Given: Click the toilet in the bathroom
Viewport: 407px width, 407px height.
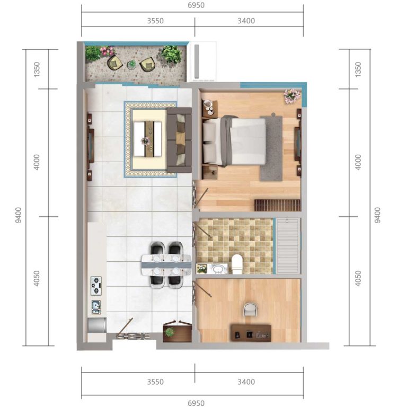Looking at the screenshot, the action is click(237, 264).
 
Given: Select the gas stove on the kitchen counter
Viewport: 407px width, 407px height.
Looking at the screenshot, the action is click(96, 286).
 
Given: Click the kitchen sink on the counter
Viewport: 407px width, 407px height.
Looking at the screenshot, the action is click(96, 307).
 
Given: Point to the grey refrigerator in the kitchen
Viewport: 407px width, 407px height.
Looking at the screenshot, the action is click(97, 325).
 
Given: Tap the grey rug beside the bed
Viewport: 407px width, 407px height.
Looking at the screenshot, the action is click(271, 148).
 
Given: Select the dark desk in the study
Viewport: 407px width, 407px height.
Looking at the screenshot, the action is click(251, 333).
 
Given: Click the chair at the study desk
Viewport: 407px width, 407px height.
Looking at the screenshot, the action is click(251, 309).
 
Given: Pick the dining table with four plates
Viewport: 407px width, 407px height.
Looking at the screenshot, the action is click(166, 265).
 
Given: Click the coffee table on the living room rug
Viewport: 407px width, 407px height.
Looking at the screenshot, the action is click(148, 139).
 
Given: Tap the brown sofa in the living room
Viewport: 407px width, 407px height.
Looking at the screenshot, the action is click(179, 140).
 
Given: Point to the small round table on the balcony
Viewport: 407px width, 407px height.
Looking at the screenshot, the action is click(131, 64).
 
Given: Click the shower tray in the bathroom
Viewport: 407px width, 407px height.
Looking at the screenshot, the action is click(288, 245).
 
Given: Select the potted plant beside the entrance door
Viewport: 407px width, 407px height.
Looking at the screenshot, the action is click(170, 332).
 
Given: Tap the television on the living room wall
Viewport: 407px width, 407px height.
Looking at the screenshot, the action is click(91, 145).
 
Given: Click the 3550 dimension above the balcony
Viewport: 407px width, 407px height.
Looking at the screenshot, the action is click(155, 21).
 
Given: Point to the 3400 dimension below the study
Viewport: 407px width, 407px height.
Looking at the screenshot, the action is click(246, 382).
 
